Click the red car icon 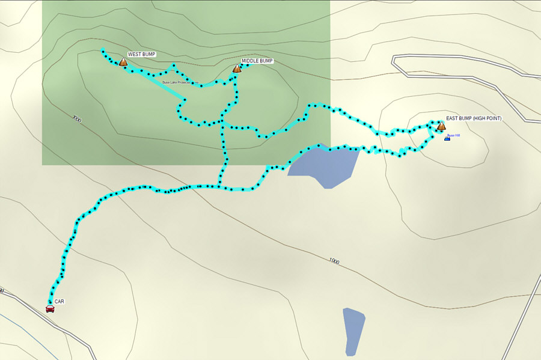(50, 308)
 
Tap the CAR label (59, 302)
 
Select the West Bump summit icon (123, 62)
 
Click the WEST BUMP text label (141, 54)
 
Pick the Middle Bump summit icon (237, 69)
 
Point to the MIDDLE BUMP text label (257, 61)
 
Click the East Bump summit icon (441, 126)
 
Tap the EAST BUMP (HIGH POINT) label (473, 118)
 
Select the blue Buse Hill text (454, 135)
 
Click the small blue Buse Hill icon (447, 138)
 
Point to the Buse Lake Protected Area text (180, 82)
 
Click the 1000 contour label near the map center (334, 261)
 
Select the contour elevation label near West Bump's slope (76, 119)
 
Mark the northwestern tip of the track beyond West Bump (103, 50)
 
